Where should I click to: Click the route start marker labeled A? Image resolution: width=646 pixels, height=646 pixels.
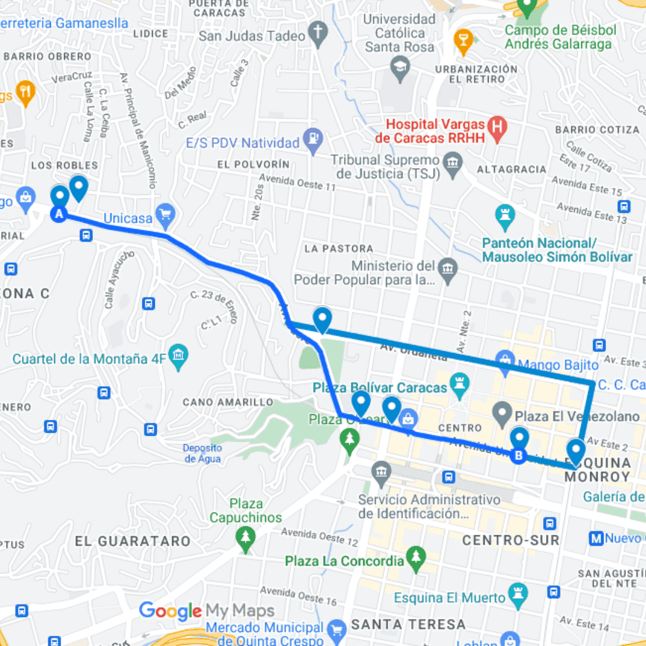59,214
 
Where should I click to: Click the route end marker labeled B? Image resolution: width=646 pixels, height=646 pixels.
519,456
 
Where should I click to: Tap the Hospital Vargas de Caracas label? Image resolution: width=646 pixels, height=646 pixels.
435,131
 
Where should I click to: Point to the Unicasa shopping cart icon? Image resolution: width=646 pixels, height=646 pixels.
164,213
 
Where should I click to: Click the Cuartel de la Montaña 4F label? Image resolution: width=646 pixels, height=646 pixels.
89,359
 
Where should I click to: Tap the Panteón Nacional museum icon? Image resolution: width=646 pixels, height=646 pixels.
505,214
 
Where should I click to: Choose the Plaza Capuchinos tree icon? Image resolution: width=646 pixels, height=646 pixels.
245,535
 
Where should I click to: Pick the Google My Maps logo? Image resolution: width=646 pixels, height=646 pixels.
206,611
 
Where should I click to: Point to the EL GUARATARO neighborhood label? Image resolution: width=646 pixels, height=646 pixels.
133,541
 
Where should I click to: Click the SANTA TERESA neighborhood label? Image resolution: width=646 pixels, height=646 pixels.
409,624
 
